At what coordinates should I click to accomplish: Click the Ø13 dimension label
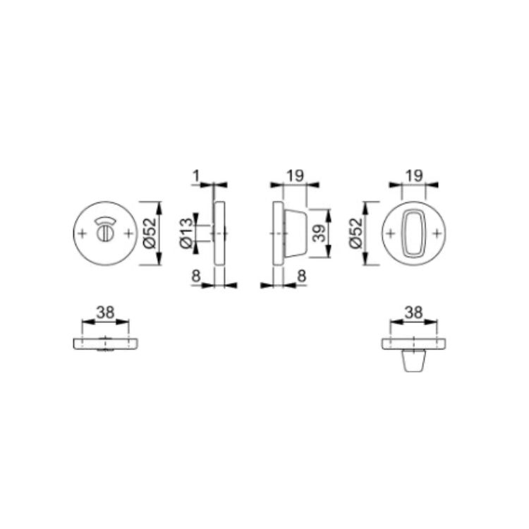(187, 233)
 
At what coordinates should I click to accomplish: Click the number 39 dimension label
(319, 233)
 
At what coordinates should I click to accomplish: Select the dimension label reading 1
(196, 176)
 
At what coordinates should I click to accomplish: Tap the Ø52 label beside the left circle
(150, 233)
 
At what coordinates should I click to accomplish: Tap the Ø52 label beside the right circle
(356, 233)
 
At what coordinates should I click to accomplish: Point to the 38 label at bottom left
(105, 312)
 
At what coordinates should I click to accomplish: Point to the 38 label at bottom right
(413, 312)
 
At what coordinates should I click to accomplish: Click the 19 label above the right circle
(414, 176)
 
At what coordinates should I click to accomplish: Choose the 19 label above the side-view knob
(296, 176)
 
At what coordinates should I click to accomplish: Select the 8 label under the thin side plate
(196, 276)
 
